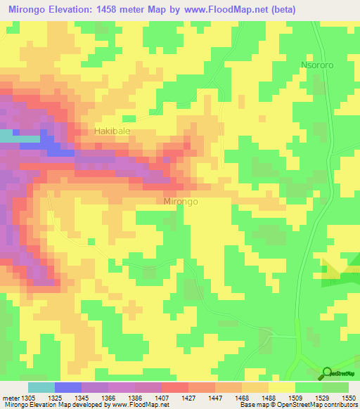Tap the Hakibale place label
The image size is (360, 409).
coord(112,131)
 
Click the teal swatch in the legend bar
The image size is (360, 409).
coord(41,387)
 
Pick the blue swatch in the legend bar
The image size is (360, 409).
coord(67,387)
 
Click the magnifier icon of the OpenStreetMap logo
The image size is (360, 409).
coord(328,372)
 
